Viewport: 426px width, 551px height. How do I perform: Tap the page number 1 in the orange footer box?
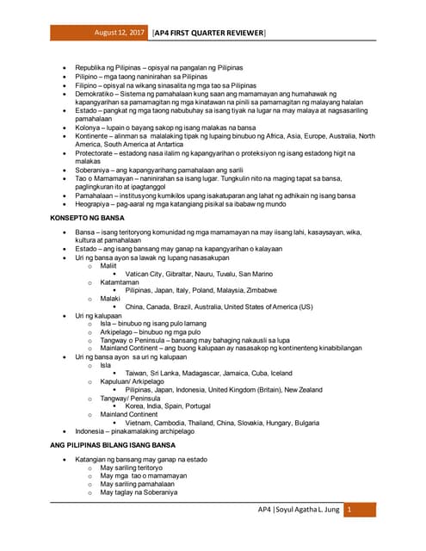tap(349, 510)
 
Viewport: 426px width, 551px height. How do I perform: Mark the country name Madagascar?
tap(213, 373)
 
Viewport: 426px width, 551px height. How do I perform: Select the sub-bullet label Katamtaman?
tap(119, 282)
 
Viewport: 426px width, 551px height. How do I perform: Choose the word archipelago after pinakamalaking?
tap(182, 430)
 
